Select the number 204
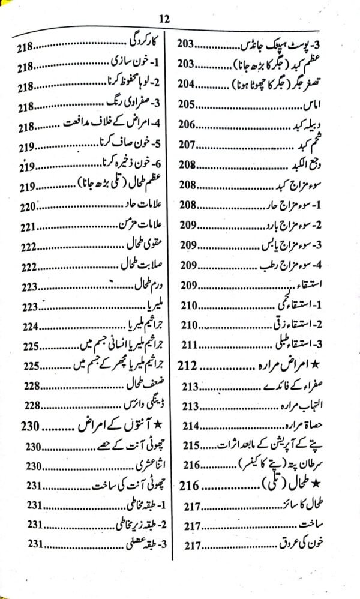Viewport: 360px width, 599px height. coord(189,83)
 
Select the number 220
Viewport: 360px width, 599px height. coord(28,207)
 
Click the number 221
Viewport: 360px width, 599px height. coord(28,227)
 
